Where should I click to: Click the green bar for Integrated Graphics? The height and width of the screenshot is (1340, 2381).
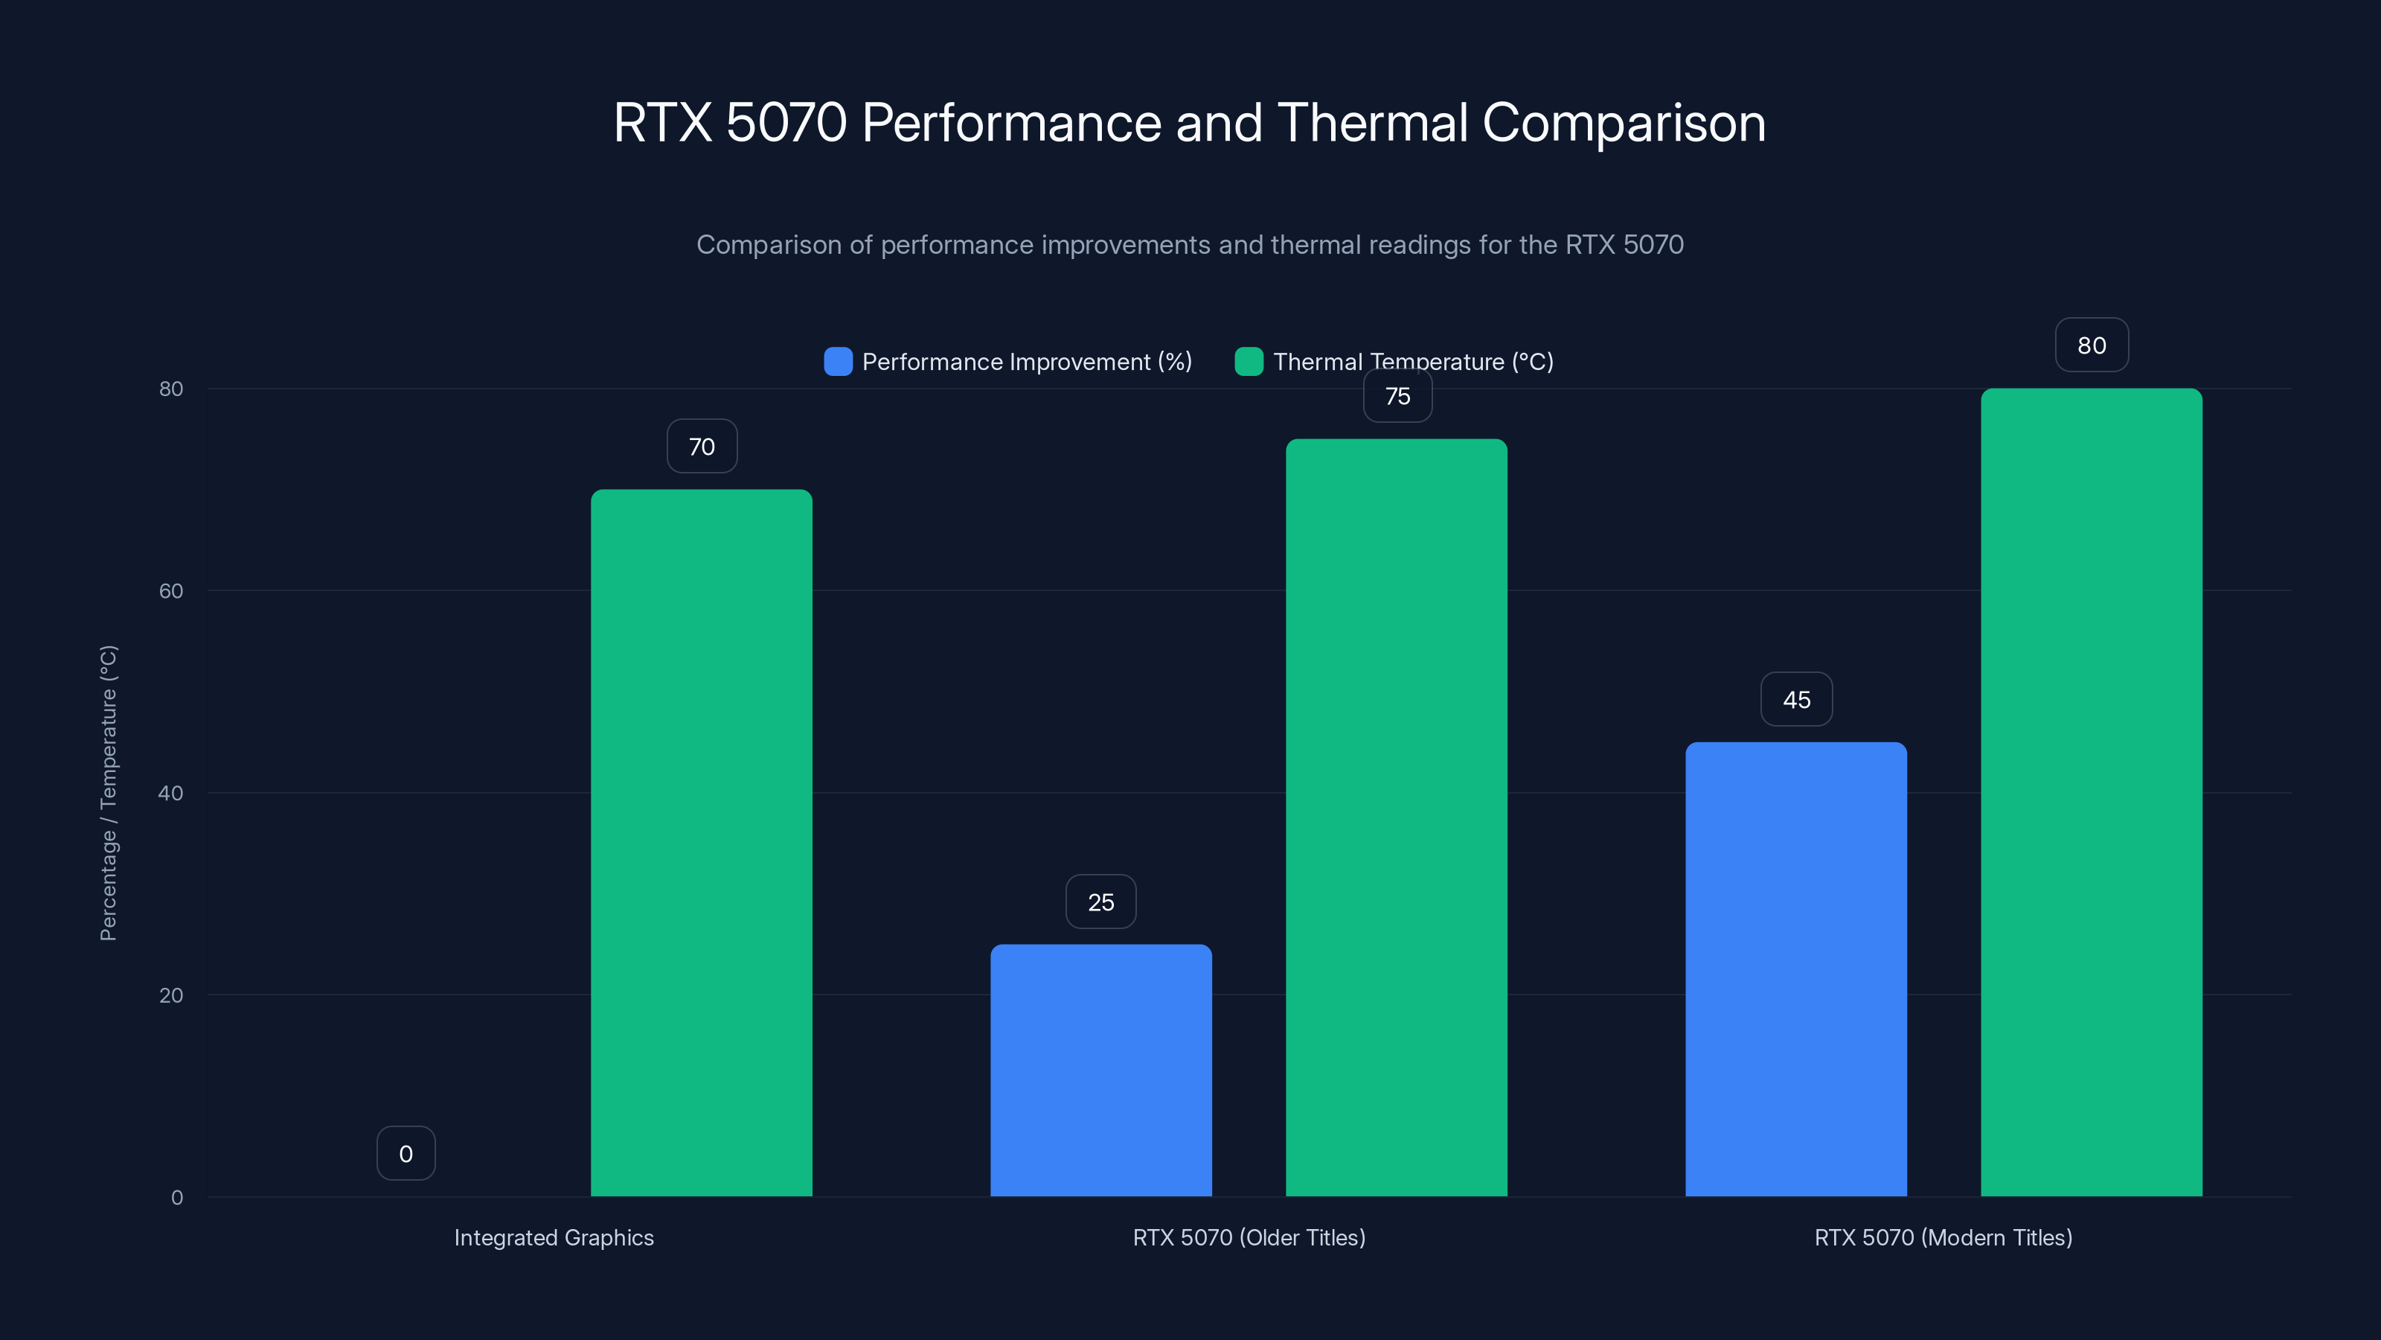point(702,841)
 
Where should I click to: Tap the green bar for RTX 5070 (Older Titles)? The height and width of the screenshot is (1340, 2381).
point(1397,817)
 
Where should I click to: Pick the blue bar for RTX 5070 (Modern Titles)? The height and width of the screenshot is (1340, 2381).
point(1796,969)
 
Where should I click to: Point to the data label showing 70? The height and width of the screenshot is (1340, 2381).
point(702,447)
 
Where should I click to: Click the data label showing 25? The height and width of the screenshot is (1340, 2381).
point(1101,902)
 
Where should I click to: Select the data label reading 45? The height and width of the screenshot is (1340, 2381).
point(1796,699)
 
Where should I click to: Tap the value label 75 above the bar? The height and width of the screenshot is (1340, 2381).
point(1397,397)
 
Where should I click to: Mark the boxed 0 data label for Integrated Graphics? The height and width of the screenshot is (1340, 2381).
point(406,1153)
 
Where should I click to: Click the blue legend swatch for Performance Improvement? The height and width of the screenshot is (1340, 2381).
point(837,362)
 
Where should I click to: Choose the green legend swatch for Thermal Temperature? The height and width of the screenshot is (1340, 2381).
point(1249,362)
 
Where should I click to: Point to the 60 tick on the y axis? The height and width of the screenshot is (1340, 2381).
point(171,591)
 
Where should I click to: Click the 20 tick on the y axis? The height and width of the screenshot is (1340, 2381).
point(171,995)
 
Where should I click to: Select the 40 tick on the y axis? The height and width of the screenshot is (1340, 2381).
point(171,793)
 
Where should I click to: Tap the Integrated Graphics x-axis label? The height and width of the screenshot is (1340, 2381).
point(554,1237)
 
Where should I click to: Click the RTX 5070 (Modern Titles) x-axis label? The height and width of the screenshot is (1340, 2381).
point(1943,1237)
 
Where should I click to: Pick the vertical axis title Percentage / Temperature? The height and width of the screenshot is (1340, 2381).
point(108,793)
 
